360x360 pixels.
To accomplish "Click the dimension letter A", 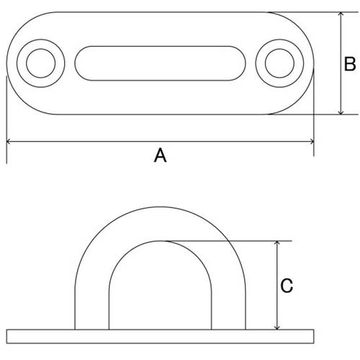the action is pos(160,156).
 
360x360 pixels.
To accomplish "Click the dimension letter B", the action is pos(350,64).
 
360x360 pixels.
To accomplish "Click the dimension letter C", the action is pos(287,286).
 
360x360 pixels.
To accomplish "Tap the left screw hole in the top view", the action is pos(41,63).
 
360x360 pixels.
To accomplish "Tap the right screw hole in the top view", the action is pos(279,63).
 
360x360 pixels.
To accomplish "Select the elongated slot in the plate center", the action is pos(160,63).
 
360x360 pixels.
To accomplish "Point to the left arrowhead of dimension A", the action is pos(8,142).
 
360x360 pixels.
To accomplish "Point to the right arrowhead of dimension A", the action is pos(312,142).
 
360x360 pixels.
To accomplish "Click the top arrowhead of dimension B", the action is pos(341,14).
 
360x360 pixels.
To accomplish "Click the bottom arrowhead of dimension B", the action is pos(341,112).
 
